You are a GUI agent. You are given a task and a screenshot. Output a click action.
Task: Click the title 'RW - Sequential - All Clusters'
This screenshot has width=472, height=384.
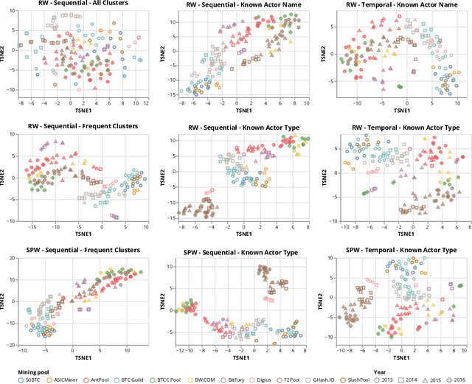80,4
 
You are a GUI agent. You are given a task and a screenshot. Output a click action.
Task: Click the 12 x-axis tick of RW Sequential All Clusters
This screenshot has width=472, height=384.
145,104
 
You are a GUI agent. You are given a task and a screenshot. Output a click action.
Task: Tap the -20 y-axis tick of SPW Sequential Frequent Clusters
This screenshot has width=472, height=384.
12,344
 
